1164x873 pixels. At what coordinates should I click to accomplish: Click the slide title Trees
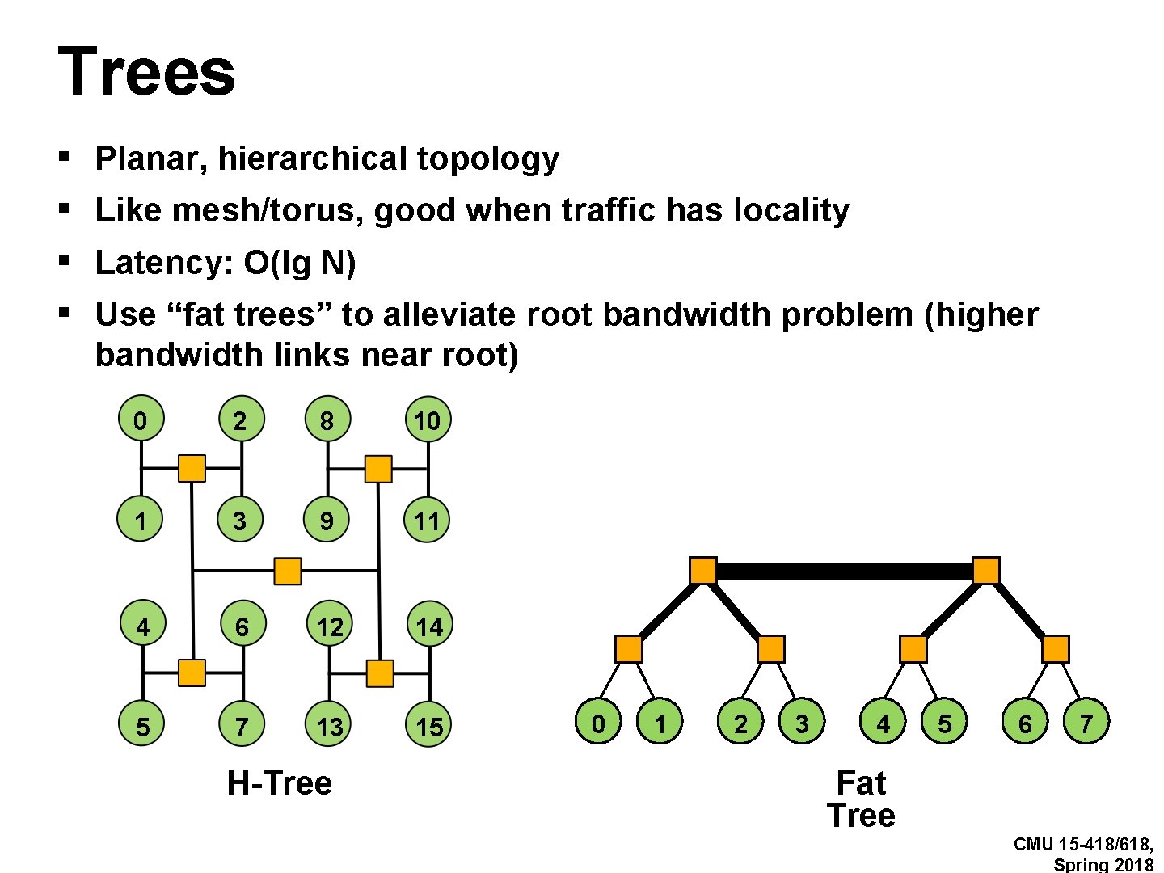[x=146, y=72]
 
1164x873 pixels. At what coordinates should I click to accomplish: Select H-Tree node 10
[x=427, y=420]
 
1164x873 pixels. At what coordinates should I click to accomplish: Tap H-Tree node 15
[x=428, y=725]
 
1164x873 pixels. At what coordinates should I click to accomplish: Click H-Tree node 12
[x=329, y=626]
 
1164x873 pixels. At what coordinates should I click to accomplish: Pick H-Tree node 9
[x=327, y=519]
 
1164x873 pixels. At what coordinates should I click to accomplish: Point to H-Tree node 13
[x=329, y=725]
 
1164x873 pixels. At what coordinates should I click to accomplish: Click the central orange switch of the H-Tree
[x=287, y=571]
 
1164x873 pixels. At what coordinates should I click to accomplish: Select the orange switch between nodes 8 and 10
[x=378, y=469]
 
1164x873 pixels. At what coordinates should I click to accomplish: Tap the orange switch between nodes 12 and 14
[x=380, y=673]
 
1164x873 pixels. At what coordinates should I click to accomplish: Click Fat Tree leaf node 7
[x=1086, y=722]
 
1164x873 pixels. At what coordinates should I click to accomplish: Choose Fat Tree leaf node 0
[x=598, y=722]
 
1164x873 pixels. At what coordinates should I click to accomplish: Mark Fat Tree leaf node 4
[x=883, y=722]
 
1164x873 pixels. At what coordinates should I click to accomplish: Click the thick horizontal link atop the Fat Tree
[x=845, y=571]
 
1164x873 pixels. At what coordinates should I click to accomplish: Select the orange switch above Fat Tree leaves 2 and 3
[x=770, y=649]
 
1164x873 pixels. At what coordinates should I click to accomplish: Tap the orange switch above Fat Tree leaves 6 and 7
[x=1055, y=649]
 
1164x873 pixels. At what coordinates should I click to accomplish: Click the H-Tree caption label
[x=279, y=782]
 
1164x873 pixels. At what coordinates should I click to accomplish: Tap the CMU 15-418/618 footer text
[x=1083, y=845]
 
